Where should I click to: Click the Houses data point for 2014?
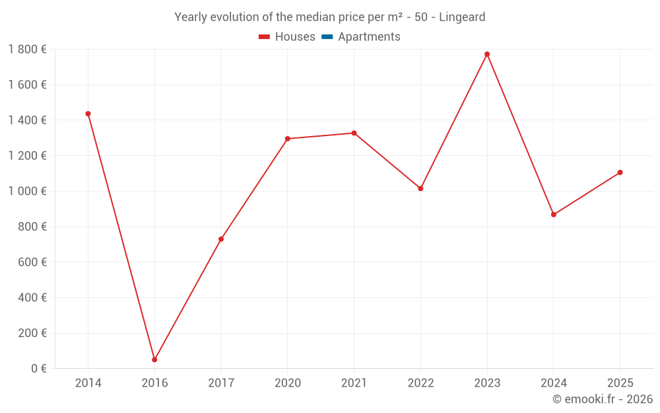point(88,114)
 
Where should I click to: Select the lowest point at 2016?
point(154,360)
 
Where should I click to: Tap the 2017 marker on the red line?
point(221,239)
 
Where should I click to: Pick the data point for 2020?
point(288,139)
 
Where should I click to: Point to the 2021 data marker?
point(354,133)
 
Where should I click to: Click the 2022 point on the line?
point(420,188)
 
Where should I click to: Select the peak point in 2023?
point(487,54)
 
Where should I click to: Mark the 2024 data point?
point(554,215)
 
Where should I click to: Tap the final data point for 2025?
point(620,172)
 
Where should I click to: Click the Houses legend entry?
point(287,36)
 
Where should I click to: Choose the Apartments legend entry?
point(361,36)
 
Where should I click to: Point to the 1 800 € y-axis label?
point(27,50)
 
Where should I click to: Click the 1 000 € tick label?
point(27,192)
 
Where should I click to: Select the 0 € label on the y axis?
point(39,369)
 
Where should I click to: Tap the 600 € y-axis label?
point(32,262)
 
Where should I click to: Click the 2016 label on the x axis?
point(154,383)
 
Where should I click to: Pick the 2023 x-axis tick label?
point(487,383)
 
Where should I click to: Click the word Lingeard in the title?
point(462,17)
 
